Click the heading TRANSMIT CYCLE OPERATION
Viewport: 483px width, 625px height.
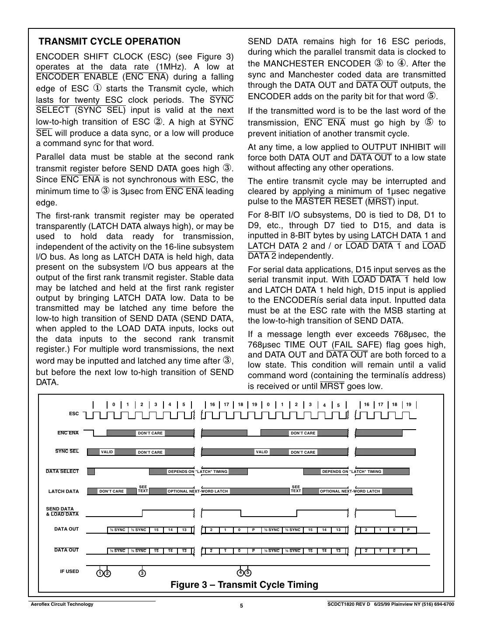(x=109, y=42)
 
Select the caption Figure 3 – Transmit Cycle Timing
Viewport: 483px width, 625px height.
(x=244, y=584)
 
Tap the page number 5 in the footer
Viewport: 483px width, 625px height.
(x=241, y=606)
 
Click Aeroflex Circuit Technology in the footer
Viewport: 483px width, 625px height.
(x=61, y=604)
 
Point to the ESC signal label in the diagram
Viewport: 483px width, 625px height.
(x=74, y=413)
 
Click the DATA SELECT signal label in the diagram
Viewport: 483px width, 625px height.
(x=63, y=471)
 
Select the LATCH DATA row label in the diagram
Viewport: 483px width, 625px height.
(x=63, y=491)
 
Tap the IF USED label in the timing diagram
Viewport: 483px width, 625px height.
(x=69, y=571)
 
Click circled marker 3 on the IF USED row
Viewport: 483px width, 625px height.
(x=142, y=573)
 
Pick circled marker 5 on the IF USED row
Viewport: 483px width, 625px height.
(x=248, y=573)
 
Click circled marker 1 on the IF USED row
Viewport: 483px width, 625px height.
(x=100, y=573)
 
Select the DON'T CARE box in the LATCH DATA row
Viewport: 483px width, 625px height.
(x=111, y=491)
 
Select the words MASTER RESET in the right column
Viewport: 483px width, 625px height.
(x=329, y=201)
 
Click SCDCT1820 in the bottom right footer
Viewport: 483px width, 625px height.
(x=343, y=604)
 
